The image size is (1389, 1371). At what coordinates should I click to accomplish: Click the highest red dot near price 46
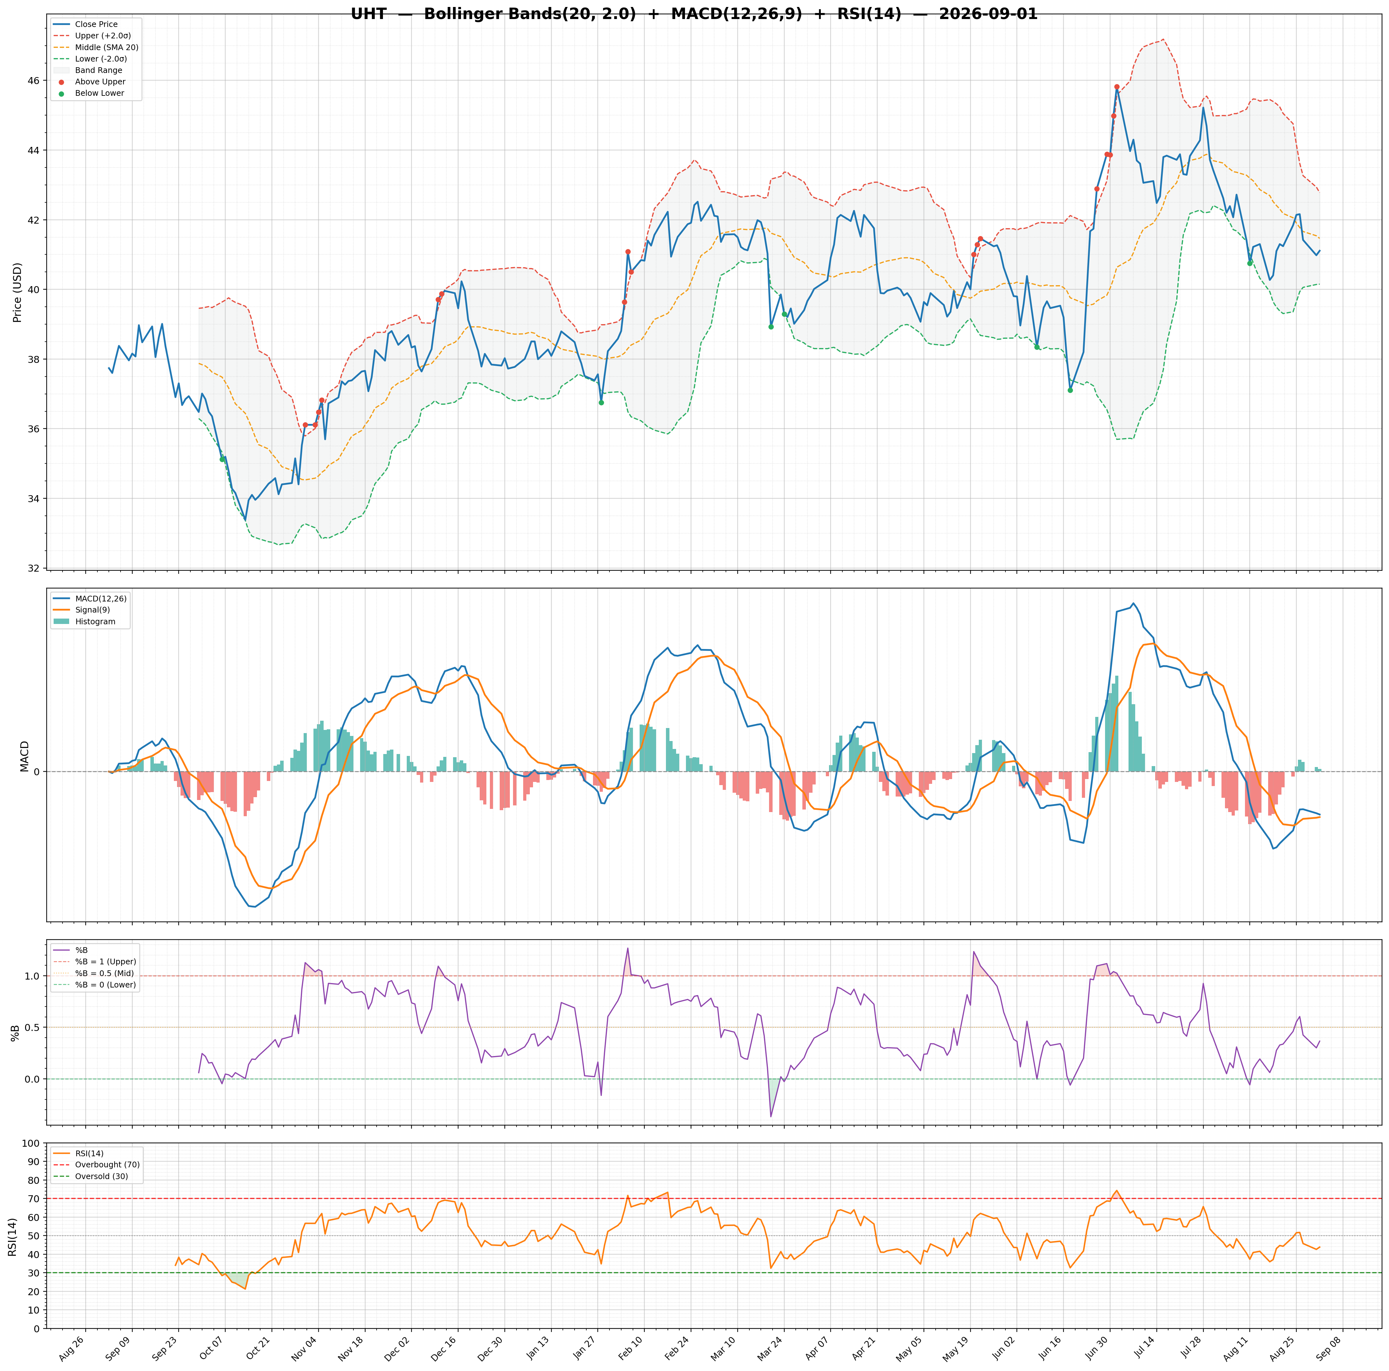tap(1116, 87)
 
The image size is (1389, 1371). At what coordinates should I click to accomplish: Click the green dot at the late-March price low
tap(771, 326)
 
